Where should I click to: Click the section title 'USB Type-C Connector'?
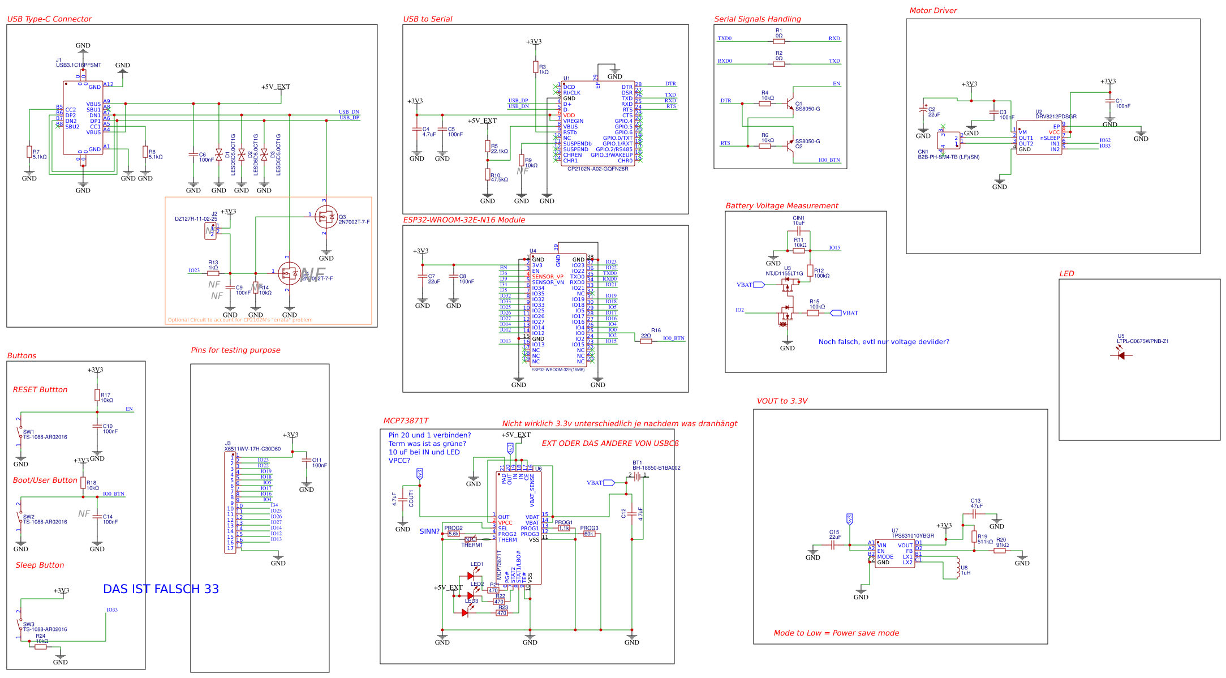[49, 19]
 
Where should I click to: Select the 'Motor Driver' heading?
[933, 10]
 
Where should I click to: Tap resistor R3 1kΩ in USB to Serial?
[535, 67]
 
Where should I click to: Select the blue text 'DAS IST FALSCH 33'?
[161, 589]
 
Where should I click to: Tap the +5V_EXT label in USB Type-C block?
[276, 87]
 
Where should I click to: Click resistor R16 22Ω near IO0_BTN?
[646, 341]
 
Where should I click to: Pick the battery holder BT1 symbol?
[638, 477]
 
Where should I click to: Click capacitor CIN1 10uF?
[798, 231]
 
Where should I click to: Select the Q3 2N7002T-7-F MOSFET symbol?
[326, 217]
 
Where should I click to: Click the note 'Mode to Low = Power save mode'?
[836, 633]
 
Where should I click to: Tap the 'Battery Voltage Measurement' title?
[781, 205]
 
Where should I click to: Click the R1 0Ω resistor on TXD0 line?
[778, 41]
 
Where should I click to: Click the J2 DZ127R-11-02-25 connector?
[210, 231]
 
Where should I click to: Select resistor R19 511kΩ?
[974, 537]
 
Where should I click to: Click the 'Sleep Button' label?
[40, 565]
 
